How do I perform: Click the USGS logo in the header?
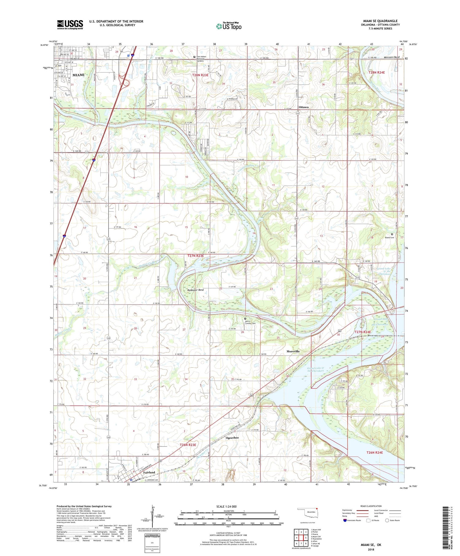70,25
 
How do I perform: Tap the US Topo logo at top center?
229,26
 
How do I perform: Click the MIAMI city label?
78,75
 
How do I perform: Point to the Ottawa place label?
304,107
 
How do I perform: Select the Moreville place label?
293,351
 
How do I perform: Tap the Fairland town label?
149,473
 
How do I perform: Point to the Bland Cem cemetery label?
389,237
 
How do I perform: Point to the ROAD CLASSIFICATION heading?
371,506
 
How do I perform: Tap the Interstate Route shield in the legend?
345,520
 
